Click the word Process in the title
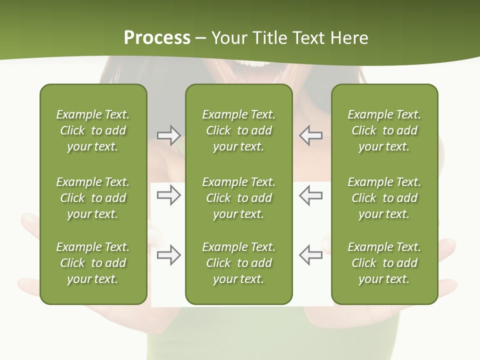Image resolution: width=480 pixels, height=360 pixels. coord(157,38)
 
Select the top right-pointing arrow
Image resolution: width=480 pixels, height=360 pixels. coord(169,135)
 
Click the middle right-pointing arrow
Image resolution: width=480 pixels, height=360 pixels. coord(169,195)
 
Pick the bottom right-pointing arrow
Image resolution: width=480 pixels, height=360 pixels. coord(169,255)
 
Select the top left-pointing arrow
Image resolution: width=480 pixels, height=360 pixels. coord(311,135)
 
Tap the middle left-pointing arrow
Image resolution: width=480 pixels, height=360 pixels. coord(311,195)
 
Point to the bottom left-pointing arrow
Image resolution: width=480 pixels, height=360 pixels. coord(311,255)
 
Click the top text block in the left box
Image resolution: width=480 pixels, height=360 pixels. coord(93,130)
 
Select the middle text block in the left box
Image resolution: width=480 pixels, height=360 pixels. coord(93,198)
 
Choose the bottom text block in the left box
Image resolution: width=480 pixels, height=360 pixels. coord(93,263)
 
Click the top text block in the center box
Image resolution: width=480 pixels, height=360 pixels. coord(238,130)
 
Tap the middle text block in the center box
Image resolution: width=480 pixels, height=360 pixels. coord(238,198)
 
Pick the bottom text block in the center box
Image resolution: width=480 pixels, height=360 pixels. coord(238,263)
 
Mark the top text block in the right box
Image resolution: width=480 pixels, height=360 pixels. coord(384,130)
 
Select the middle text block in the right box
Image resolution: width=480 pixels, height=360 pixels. coord(384,198)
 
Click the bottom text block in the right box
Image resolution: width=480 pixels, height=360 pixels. coord(384,263)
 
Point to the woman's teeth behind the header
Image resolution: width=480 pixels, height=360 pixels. coord(256,63)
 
